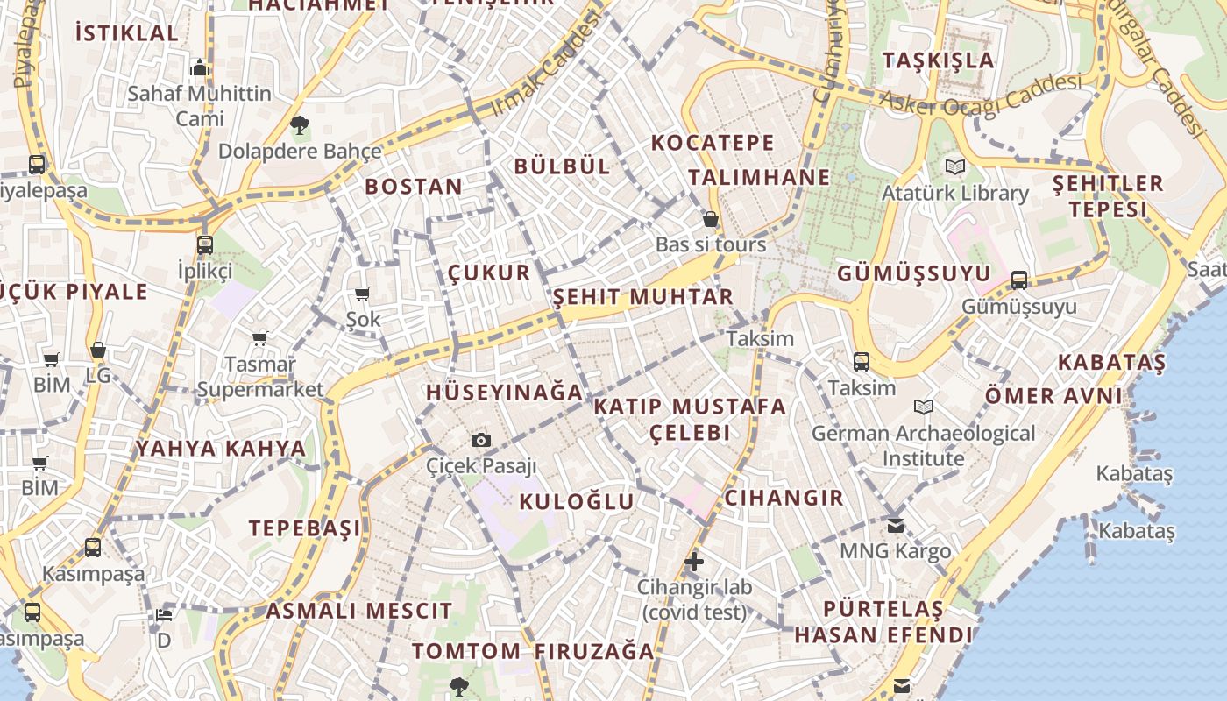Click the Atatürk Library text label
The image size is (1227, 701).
tap(955, 193)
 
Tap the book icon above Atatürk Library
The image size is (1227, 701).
tap(955, 166)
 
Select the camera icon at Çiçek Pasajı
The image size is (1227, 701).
tap(481, 440)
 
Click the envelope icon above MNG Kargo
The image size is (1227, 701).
tap(895, 526)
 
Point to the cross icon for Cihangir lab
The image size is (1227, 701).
tap(694, 561)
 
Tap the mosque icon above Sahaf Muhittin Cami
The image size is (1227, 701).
tap(200, 67)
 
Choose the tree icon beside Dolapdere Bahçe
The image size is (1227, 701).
tap(300, 125)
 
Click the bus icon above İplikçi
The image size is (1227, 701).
tap(205, 244)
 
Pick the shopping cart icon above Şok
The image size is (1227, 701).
tap(363, 294)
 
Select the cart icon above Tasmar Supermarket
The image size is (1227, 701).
tap(260, 338)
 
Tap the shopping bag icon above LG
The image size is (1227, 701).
tap(98, 350)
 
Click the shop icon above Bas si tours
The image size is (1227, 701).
tap(711, 219)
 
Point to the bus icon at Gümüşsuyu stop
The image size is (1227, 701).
tap(1018, 280)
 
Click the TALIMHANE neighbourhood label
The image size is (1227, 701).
tap(759, 177)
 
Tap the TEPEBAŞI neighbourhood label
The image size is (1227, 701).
tap(304, 528)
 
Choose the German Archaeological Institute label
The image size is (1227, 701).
tap(923, 445)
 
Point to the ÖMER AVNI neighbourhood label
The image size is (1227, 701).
tap(1053, 395)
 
